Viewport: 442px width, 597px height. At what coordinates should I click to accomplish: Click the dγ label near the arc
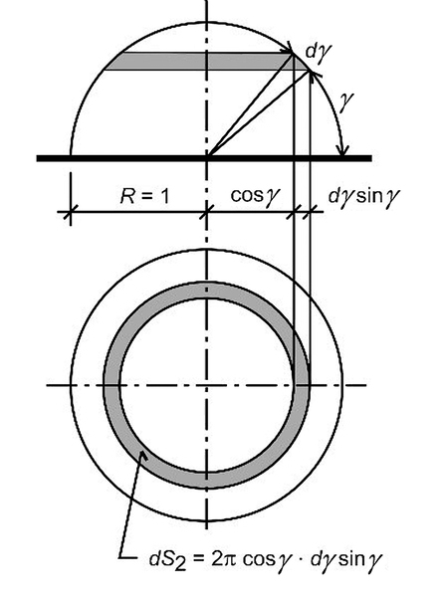(319, 52)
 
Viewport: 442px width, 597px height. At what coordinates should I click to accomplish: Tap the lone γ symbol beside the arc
(345, 101)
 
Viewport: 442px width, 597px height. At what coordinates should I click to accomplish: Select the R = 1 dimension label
(144, 196)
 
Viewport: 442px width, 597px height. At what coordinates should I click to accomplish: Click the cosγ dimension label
(256, 196)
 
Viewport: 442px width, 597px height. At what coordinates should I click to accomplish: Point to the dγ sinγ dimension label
(364, 196)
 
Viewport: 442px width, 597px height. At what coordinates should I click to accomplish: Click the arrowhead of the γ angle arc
(343, 149)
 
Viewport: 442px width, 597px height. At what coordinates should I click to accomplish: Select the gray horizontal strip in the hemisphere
(206, 62)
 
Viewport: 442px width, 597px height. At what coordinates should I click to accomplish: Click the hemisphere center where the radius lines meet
(207, 156)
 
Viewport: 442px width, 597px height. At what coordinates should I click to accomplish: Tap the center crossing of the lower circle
(206, 385)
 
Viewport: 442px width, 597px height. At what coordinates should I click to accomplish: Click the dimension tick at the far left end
(71, 212)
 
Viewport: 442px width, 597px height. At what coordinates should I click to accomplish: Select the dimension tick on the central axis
(207, 212)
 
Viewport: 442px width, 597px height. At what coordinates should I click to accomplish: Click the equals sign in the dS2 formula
(198, 559)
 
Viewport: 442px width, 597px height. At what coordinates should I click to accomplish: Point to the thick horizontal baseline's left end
(37, 158)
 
